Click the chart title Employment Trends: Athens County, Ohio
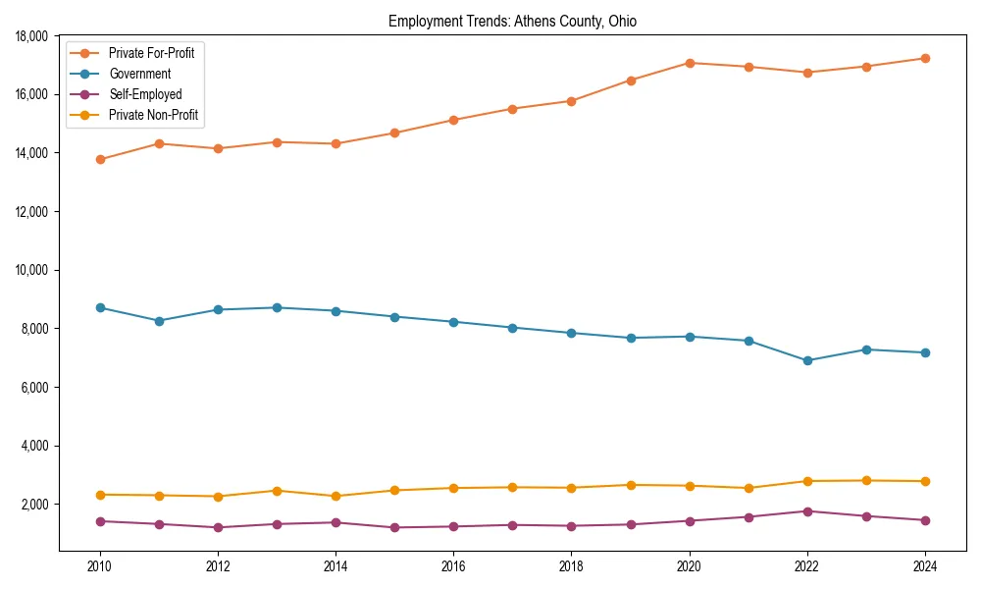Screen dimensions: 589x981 512,22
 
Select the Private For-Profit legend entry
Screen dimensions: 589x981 151,53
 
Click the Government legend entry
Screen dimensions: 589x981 139,74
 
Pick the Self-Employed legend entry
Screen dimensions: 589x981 145,94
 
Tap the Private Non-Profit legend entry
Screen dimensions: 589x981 153,115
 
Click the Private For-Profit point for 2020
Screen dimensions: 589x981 690,63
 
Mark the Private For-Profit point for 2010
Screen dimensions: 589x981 100,159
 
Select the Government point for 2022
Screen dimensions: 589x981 807,361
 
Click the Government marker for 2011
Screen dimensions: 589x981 159,321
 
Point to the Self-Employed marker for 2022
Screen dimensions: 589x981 807,511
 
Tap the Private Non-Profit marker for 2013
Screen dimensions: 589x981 277,491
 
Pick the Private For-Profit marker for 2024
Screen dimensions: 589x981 925,59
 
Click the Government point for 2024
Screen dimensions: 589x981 925,353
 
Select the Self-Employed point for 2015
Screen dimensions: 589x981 394,528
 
